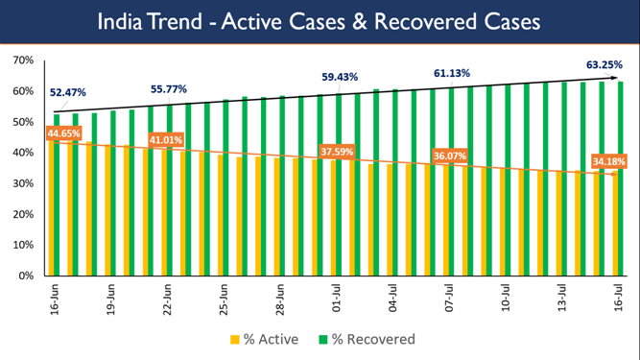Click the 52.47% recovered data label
coord(67,92)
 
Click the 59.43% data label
coord(340,77)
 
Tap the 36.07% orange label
coord(450,156)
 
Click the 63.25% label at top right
coord(604,65)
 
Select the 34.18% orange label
coord(610,160)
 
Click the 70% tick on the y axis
coord(22,60)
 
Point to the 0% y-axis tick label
coord(26,276)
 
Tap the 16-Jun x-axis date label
coord(56,297)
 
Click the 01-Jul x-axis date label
coord(338,297)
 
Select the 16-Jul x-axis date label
coord(620,297)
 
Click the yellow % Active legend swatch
coord(234,339)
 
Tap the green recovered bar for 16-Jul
coord(622,179)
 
